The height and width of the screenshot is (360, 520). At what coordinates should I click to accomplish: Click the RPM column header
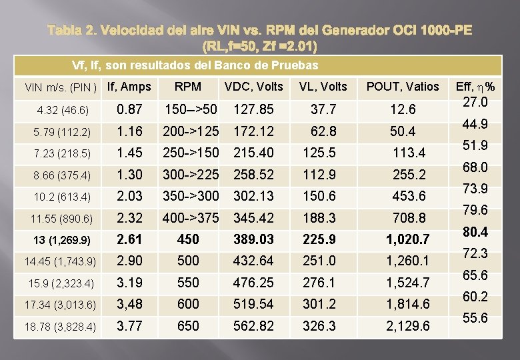tap(189, 86)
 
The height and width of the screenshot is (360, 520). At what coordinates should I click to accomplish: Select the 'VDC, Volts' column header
tap(254, 86)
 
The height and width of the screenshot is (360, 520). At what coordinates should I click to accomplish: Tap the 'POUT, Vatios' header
tap(403, 86)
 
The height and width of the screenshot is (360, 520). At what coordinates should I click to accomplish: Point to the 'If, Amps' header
tap(129, 86)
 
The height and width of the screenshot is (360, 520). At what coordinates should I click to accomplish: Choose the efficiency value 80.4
tap(475, 232)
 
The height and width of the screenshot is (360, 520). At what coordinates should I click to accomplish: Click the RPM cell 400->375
tap(191, 217)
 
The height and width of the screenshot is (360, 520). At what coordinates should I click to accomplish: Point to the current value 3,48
tap(129, 304)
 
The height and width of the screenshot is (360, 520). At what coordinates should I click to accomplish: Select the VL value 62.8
tap(320, 131)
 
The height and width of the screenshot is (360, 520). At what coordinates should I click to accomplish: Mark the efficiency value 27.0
tap(475, 102)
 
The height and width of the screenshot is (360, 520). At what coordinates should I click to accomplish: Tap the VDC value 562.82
tap(253, 326)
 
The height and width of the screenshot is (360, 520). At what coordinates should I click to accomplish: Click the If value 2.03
tap(129, 196)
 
